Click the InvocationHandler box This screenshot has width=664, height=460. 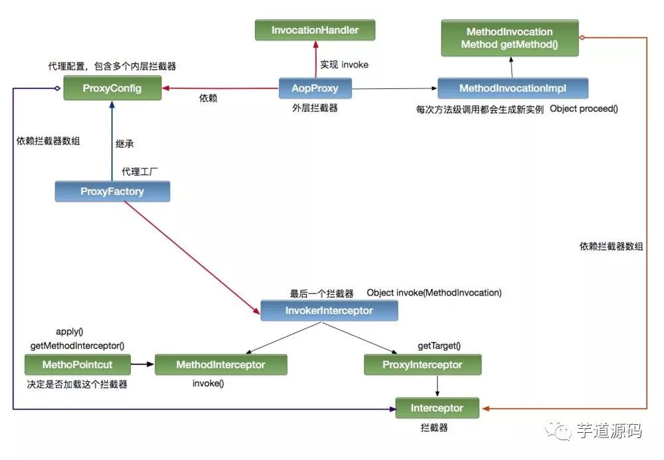[315, 30]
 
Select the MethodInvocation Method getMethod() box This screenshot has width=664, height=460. [509, 38]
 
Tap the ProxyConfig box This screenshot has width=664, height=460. [112, 88]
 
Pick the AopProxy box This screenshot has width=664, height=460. [315, 88]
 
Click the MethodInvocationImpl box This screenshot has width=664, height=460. [512, 88]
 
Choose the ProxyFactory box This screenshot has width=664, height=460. [112, 192]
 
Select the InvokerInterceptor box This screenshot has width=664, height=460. [329, 310]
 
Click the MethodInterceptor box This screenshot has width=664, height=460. [220, 365]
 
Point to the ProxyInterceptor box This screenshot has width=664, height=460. [422, 365]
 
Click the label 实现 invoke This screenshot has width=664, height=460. [344, 65]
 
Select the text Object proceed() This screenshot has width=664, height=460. [584, 109]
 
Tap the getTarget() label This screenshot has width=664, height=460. [439, 346]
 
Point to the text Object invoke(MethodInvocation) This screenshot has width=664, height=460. [434, 292]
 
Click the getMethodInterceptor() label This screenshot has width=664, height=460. [77, 345]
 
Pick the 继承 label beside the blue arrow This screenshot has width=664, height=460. [125, 143]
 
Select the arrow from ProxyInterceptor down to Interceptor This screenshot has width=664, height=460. [437, 386]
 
